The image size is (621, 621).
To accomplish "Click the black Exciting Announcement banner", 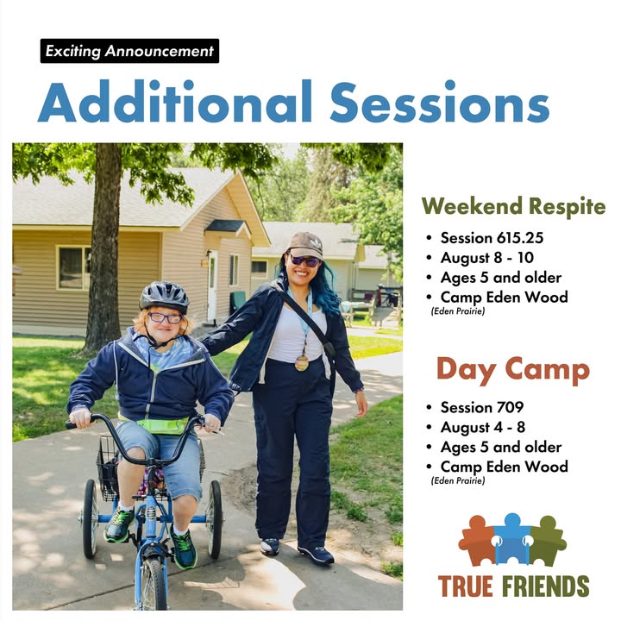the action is pos(129,51).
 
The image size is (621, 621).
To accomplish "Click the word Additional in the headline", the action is pos(175,102).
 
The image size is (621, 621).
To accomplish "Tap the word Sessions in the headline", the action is pos(440,102).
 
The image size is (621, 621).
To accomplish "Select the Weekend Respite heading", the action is pos(514,206).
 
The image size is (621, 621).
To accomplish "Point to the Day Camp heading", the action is pos(513,370).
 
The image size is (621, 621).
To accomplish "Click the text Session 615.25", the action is pos(492,238).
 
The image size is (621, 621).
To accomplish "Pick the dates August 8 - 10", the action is pos(487,258).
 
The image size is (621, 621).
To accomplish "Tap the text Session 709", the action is pos(482,407).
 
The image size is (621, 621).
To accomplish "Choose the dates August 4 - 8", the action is pos(483,427).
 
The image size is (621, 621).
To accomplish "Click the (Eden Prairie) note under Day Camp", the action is pos(458,480).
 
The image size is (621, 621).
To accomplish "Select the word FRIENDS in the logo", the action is pos(546,586).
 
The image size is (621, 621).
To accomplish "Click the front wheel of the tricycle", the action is pos(153,582).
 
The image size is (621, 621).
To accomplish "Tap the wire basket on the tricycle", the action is pos(108,468).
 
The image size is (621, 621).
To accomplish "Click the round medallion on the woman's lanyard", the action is pos(302,363).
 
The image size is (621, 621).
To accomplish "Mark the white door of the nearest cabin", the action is pos(212,286).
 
